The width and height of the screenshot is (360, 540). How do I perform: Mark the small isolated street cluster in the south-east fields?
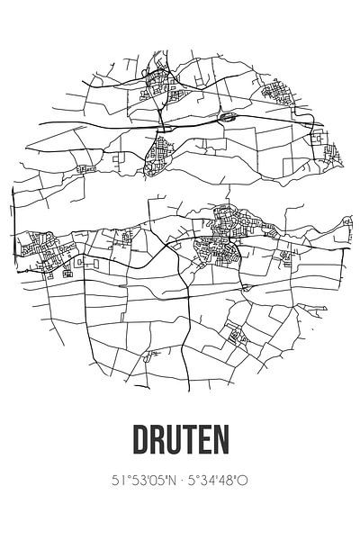click(x=238, y=338)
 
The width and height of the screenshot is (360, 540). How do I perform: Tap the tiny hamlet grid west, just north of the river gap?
click(x=85, y=168)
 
